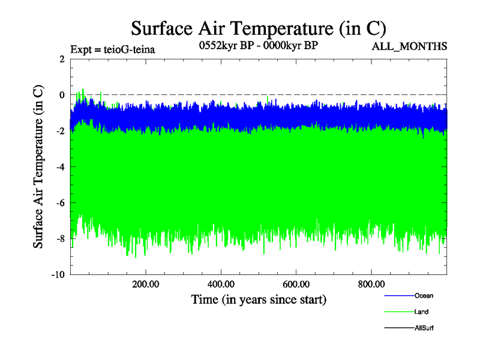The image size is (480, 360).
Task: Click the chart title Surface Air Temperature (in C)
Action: [258, 28]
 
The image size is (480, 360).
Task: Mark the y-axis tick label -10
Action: [59, 275]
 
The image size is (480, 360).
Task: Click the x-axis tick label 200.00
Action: [146, 284]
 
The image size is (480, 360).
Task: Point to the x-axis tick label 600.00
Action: [296, 284]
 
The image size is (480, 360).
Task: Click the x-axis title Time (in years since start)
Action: [259, 299]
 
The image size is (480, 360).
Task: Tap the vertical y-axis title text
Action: [38, 167]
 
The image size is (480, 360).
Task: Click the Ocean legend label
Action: [424, 296]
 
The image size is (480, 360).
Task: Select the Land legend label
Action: [422, 312]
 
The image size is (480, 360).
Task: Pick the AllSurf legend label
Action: [424, 328]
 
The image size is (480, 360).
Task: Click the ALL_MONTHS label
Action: [410, 47]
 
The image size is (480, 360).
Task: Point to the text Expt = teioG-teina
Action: [113, 49]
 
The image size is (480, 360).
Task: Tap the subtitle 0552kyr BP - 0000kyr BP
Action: [258, 45]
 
